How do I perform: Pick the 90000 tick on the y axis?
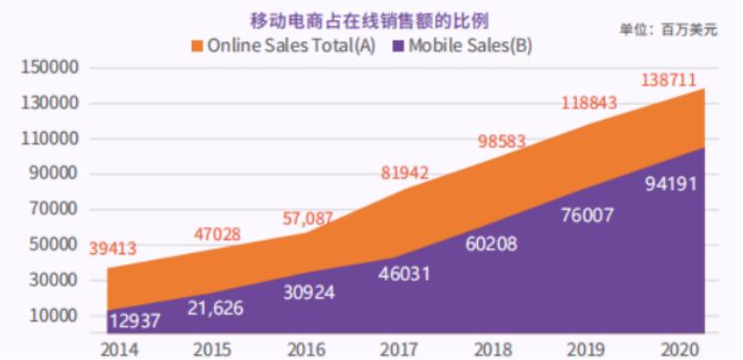pos(52,175)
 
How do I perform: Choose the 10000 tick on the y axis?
pos(52,317)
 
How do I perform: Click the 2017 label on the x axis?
pos(399,347)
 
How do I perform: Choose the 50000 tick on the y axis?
pos(52,246)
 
